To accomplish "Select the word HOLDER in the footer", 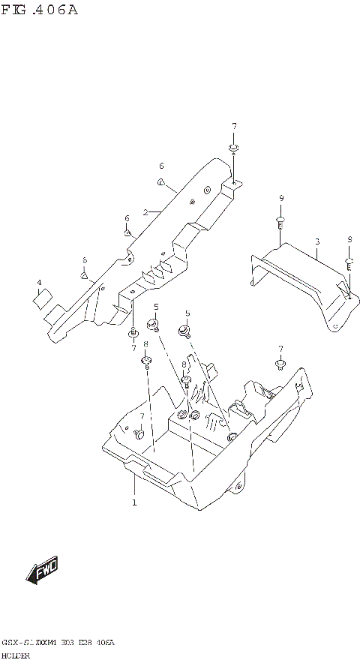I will tap(15, 655).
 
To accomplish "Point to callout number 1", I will tap(134, 502).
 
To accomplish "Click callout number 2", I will tap(145, 212).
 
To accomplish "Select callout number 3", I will tap(317, 241).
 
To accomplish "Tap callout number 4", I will tap(38, 283).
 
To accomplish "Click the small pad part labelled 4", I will tap(42, 298).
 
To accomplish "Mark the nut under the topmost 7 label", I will tap(234, 147).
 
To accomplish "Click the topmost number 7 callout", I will tap(234, 125).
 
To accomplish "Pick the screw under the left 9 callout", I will tap(280, 221).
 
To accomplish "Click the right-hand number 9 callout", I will tap(349, 239).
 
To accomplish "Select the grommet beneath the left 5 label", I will tap(155, 324).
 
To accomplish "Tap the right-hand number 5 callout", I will tap(187, 313).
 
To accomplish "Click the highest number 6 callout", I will tap(161, 166).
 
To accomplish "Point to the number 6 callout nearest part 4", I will tap(85, 259).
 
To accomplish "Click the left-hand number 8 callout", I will tap(145, 345).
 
